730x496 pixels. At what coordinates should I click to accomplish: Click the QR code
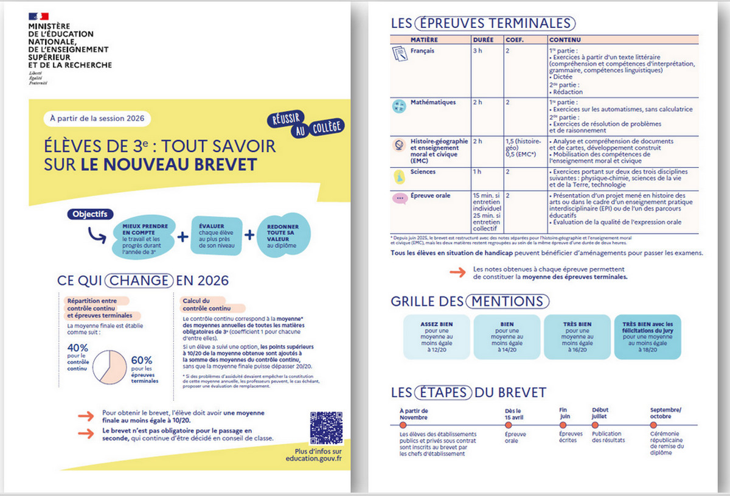click(x=325, y=428)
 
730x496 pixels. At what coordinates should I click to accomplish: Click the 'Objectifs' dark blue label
click(x=89, y=214)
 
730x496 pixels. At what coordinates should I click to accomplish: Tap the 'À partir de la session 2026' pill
click(x=97, y=118)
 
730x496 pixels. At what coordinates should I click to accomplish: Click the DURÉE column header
click(x=482, y=40)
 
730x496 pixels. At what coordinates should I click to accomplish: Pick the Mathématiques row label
click(x=433, y=102)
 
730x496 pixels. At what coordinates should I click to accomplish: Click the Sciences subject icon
click(x=399, y=176)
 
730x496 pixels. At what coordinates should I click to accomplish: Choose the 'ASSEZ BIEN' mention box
click(x=436, y=337)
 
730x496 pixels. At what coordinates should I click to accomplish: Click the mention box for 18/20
click(x=647, y=337)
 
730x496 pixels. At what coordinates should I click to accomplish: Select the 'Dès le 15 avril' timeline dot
click(x=509, y=425)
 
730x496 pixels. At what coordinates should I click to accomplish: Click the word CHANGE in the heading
click(x=138, y=281)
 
